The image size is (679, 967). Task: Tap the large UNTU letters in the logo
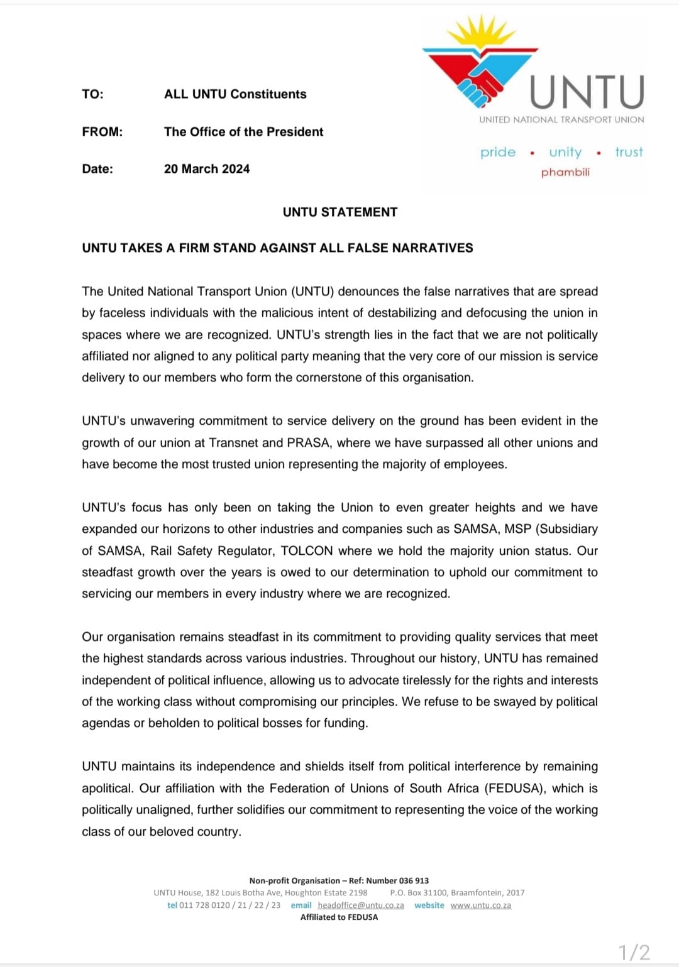tap(587, 92)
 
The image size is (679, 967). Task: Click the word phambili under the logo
tap(565, 172)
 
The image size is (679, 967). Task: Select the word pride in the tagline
tap(497, 152)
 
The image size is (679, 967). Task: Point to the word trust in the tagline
tap(629, 152)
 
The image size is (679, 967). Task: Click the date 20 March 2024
tap(207, 169)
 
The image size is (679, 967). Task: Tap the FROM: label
tap(102, 132)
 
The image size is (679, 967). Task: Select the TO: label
tap(92, 94)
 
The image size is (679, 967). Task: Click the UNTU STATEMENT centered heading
tap(340, 212)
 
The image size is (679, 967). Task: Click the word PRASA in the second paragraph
tap(308, 443)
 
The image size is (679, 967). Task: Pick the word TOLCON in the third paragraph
tap(307, 551)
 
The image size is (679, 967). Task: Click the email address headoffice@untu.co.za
tap(361, 905)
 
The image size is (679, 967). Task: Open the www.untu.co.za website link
tap(481, 905)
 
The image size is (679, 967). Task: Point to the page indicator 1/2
tap(634, 953)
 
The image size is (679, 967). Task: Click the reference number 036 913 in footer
tap(414, 881)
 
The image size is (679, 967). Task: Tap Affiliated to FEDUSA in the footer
tap(339, 917)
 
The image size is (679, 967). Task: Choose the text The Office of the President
tap(244, 132)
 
